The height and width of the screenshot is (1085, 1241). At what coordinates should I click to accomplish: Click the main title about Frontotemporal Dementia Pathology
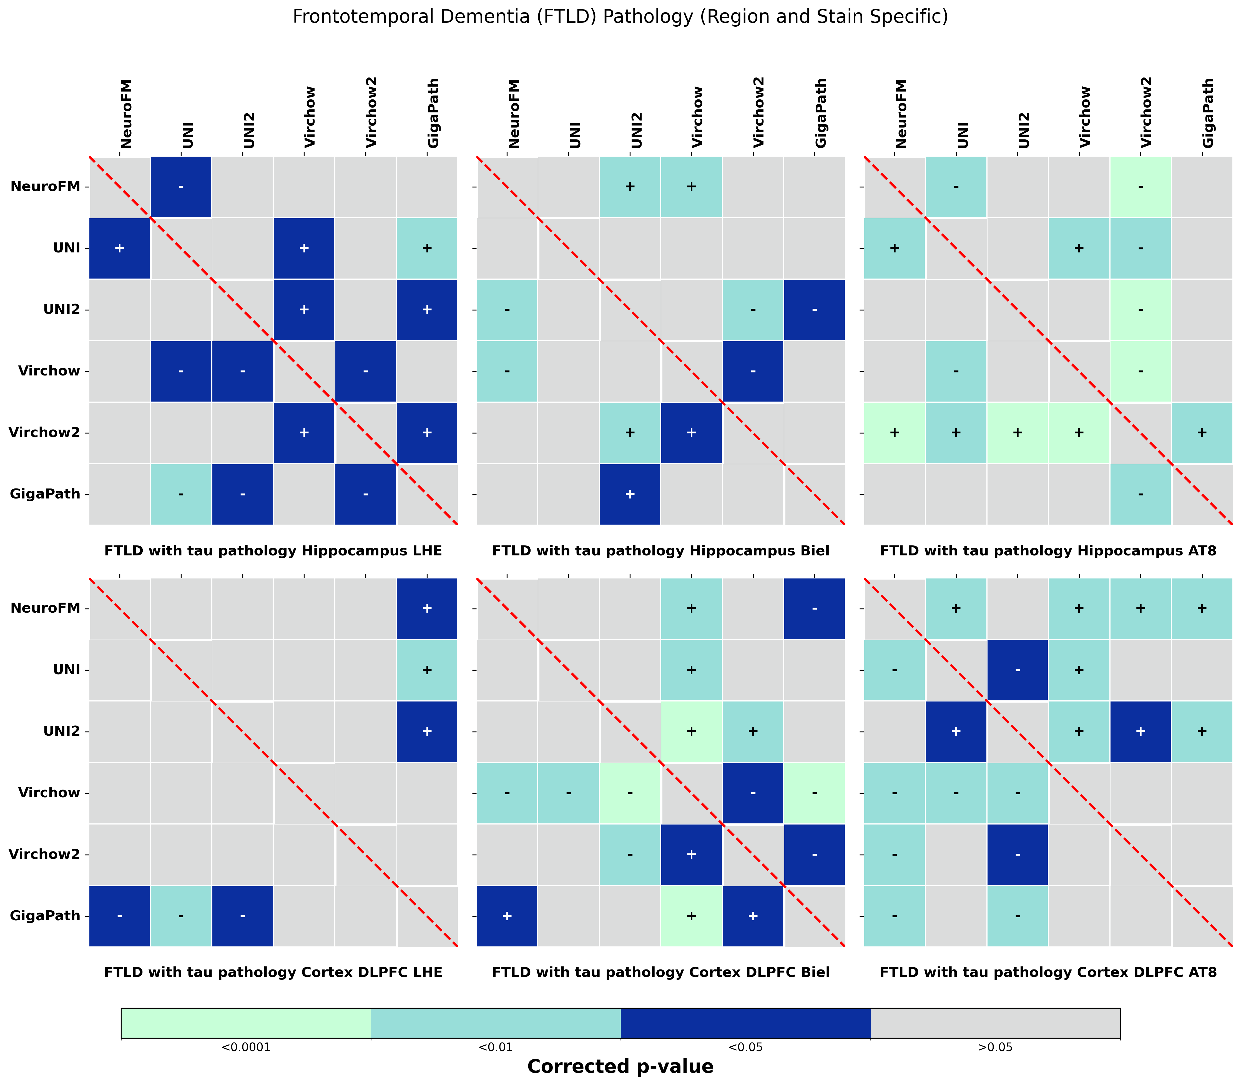pyautogui.click(x=620, y=17)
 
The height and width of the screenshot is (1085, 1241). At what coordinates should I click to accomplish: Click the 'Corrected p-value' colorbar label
pyautogui.click(x=620, y=1066)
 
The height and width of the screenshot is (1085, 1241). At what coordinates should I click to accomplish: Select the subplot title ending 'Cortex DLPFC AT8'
pyautogui.click(x=1048, y=972)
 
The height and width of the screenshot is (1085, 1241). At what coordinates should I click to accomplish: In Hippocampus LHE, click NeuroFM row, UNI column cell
pyautogui.click(x=181, y=187)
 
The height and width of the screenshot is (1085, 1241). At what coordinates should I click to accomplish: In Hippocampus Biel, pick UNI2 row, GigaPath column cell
pyautogui.click(x=814, y=309)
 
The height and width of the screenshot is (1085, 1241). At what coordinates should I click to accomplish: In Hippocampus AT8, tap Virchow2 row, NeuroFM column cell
pyautogui.click(x=894, y=432)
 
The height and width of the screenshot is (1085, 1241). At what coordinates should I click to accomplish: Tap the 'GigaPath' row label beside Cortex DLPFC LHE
pyautogui.click(x=46, y=916)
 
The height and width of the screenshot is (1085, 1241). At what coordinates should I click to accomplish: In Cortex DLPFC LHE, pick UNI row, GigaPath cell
pyautogui.click(x=427, y=670)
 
